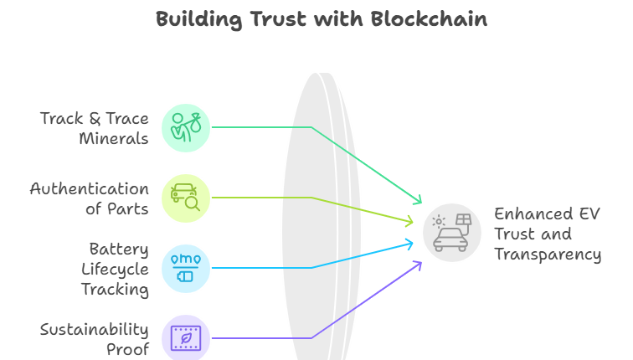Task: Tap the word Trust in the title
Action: [280, 19]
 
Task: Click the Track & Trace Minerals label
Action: [94, 128]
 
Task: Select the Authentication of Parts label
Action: [89, 198]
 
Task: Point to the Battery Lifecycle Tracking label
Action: [115, 269]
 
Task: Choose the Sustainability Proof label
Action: [94, 339]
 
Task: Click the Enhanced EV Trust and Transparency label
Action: [547, 234]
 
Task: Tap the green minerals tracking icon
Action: [185, 127]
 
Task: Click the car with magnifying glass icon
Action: [185, 198]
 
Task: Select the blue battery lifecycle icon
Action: [185, 268]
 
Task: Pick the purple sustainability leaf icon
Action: [185, 338]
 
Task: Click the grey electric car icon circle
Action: [451, 233]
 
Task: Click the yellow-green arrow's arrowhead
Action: [410, 222]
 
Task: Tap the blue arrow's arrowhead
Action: [410, 244]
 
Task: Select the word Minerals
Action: [114, 138]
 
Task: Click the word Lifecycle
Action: [115, 269]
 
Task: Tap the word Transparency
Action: [548, 254]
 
